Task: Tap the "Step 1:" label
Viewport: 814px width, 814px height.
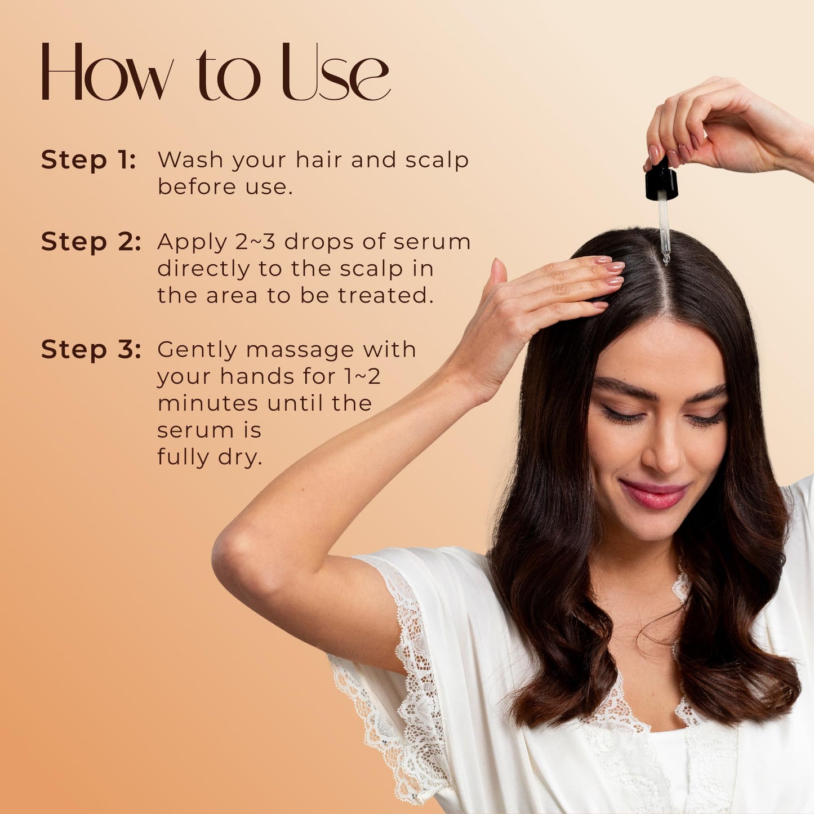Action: point(88,160)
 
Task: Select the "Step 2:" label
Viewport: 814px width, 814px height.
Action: point(91,242)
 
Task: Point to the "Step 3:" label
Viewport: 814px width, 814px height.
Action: point(91,349)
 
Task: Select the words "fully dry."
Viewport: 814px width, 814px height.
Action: point(210,457)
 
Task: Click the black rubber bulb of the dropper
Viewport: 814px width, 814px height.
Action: point(661,182)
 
